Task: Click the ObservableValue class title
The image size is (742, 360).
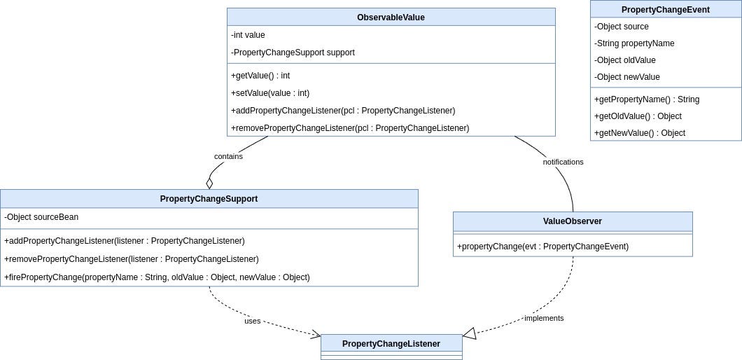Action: pyautogui.click(x=391, y=18)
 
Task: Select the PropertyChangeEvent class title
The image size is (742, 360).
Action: pyautogui.click(x=665, y=9)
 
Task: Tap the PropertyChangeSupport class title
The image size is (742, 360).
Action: pyautogui.click(x=209, y=199)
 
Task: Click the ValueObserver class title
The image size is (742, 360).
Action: pyautogui.click(x=572, y=221)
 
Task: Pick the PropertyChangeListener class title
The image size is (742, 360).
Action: pyautogui.click(x=391, y=343)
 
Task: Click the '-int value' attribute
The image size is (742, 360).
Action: pyautogui.click(x=248, y=35)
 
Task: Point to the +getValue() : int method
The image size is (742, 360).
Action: pyautogui.click(x=260, y=76)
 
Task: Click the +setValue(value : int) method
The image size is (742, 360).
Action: pyautogui.click(x=270, y=93)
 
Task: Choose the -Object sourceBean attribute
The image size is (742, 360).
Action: pyautogui.click(x=41, y=217)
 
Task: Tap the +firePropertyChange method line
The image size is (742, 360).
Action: pyautogui.click(x=157, y=277)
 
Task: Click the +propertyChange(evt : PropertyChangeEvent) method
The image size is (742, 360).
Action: pyautogui.click(x=542, y=247)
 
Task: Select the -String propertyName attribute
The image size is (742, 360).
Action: pyautogui.click(x=634, y=43)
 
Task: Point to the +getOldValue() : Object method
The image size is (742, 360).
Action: pyautogui.click(x=638, y=116)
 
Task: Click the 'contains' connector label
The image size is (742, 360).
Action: pyautogui.click(x=228, y=156)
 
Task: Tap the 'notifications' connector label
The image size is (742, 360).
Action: pyautogui.click(x=563, y=162)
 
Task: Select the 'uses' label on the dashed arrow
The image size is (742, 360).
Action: pyautogui.click(x=253, y=321)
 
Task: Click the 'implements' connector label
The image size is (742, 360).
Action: pyautogui.click(x=544, y=318)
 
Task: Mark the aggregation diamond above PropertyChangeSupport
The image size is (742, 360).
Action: pyautogui.click(x=209, y=183)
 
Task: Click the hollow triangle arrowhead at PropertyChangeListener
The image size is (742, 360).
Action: pyautogui.click(x=470, y=334)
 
